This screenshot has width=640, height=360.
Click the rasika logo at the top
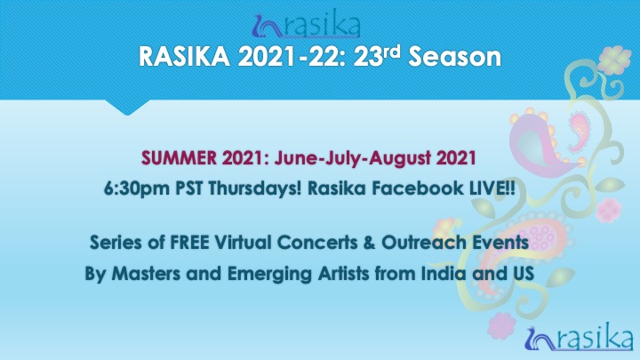(x=306, y=25)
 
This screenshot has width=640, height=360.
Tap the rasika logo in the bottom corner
(x=579, y=337)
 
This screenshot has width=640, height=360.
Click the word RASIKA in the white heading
(x=185, y=56)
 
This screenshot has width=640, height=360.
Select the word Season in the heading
(x=455, y=56)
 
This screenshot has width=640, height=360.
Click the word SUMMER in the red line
(x=180, y=158)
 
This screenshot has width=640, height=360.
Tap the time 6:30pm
(x=137, y=188)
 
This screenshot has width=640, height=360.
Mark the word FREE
(x=189, y=243)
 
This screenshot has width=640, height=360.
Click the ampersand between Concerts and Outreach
(x=369, y=243)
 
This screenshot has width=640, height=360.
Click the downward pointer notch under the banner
(x=127, y=107)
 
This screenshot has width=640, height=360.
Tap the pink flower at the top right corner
(x=614, y=60)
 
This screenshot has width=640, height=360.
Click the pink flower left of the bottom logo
(x=501, y=325)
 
